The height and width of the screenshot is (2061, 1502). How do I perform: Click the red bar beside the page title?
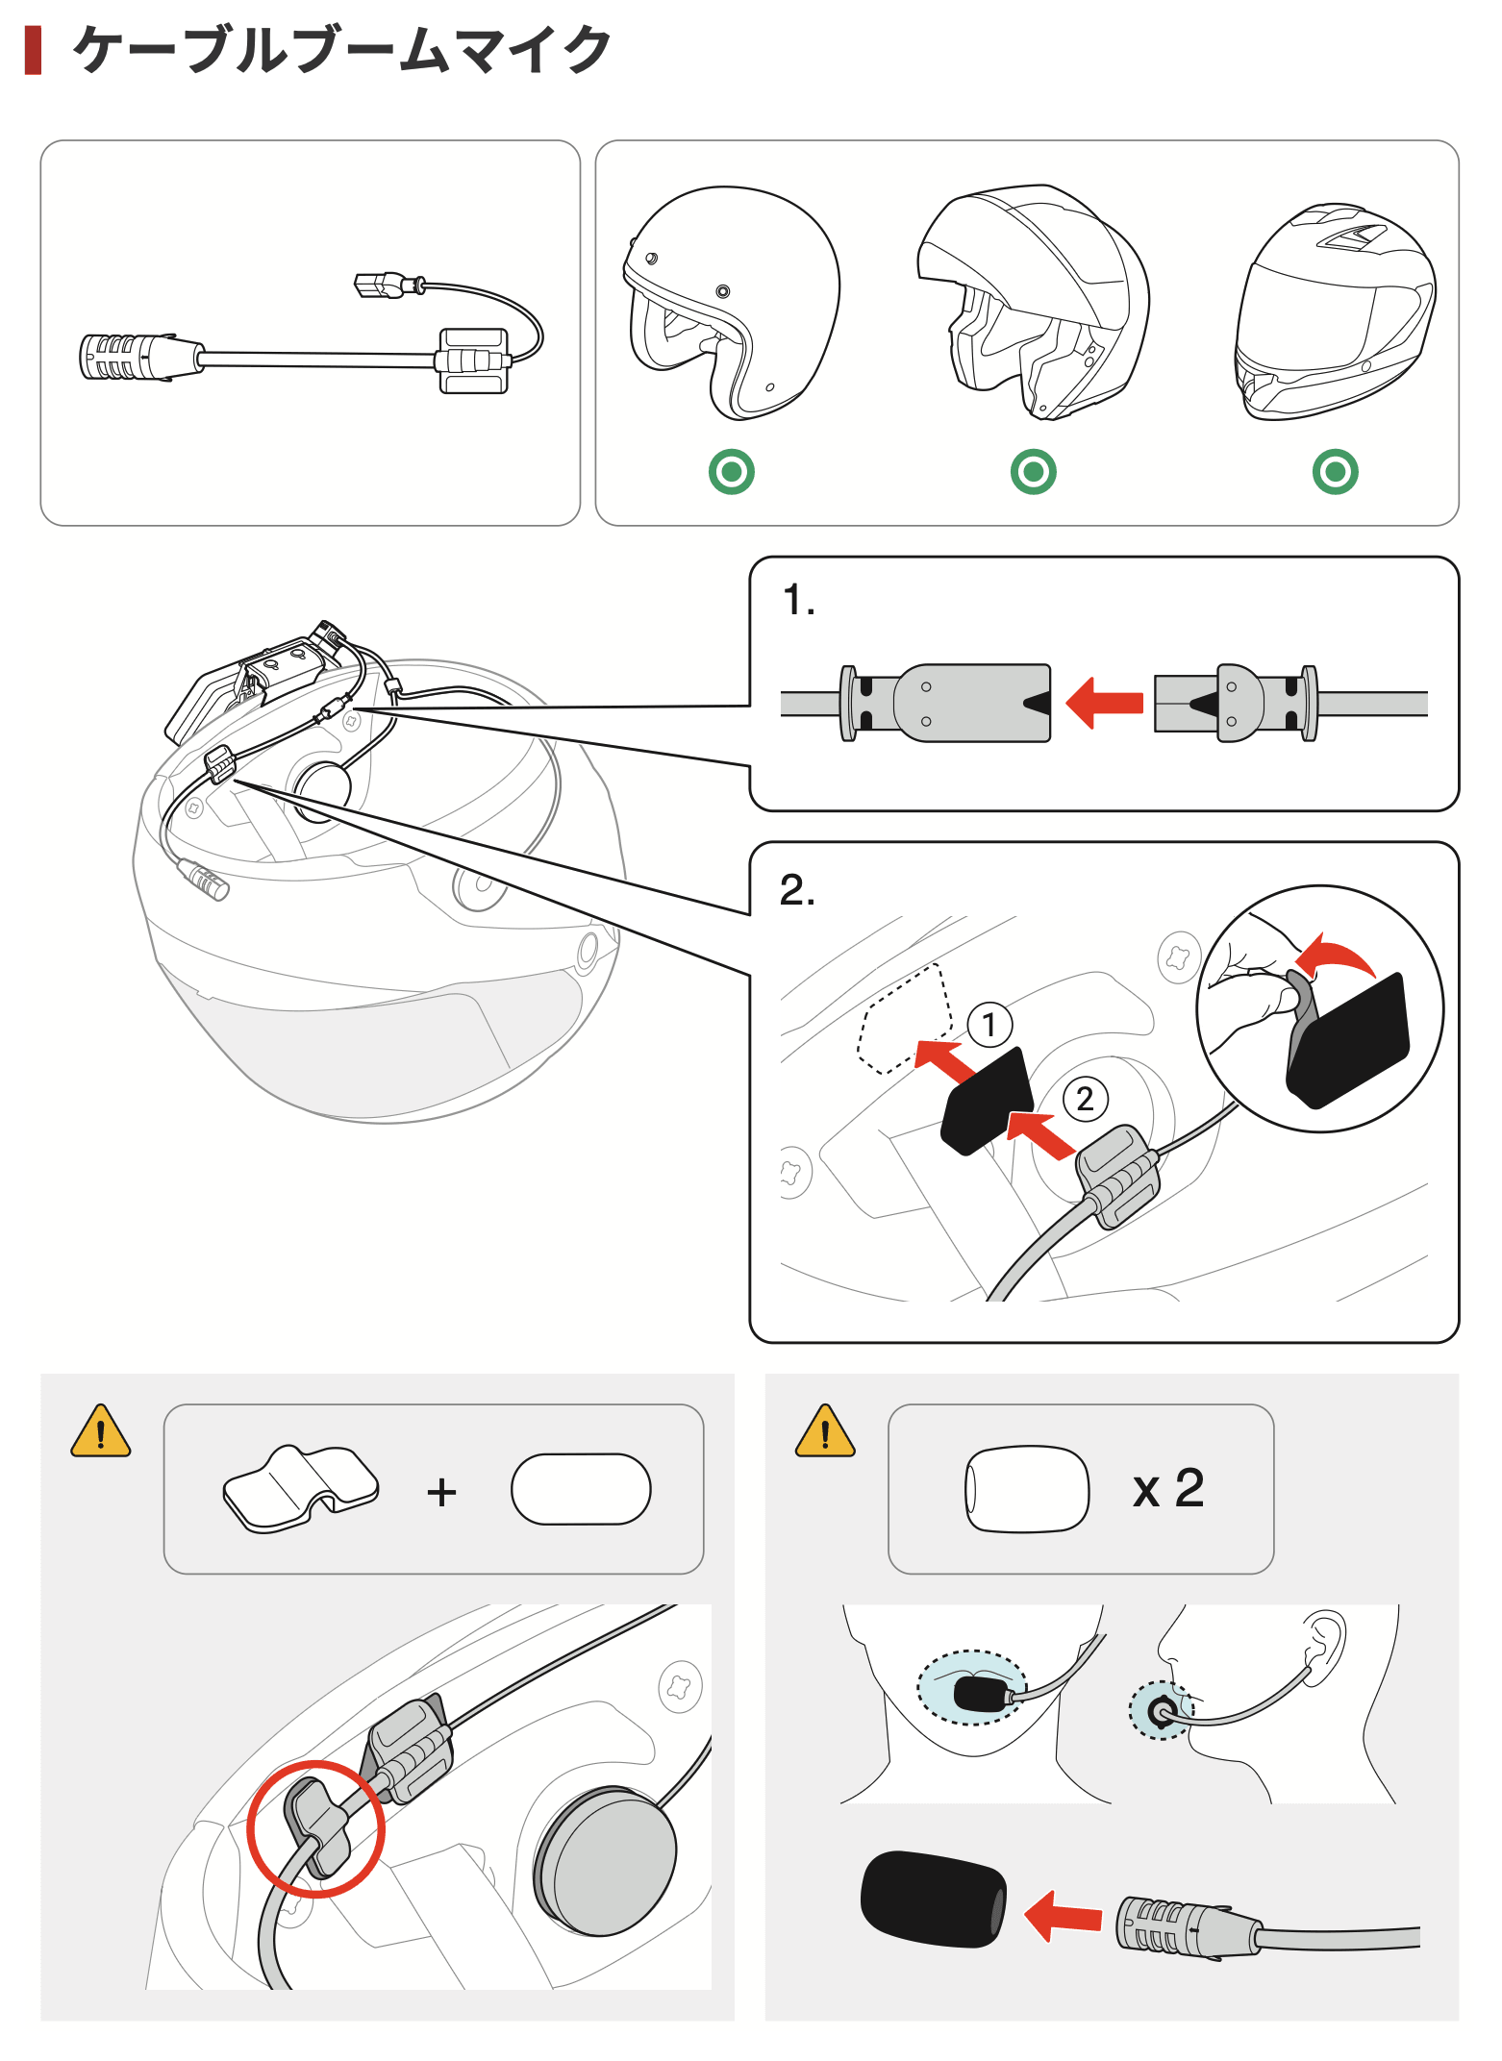(x=33, y=51)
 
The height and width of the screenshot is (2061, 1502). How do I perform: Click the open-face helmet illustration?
(x=731, y=303)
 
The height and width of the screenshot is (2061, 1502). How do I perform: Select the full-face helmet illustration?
(x=1335, y=312)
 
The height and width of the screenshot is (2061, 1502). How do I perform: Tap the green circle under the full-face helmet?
(x=1335, y=472)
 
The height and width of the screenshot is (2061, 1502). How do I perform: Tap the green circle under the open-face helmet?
(x=731, y=472)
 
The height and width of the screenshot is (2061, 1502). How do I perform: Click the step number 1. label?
(x=798, y=601)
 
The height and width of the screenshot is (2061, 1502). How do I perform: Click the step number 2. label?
(x=797, y=890)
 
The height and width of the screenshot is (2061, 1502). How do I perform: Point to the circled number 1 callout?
(x=989, y=1025)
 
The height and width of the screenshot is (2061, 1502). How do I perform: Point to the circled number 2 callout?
(x=1085, y=1098)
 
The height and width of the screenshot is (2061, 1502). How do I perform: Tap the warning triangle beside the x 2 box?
(x=825, y=1432)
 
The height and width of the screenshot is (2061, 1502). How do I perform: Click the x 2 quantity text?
(x=1168, y=1489)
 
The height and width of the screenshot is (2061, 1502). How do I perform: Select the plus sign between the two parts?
(x=441, y=1492)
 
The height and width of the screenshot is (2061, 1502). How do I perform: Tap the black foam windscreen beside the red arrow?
(x=933, y=1899)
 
